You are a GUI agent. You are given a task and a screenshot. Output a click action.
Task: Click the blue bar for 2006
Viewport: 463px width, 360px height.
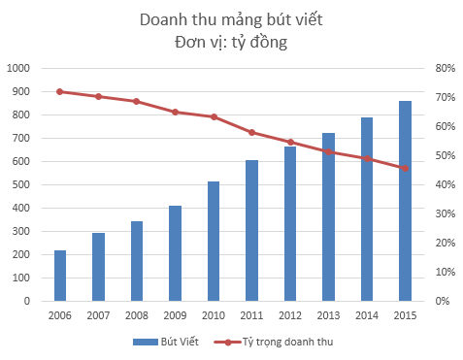pyautogui.click(x=60, y=276)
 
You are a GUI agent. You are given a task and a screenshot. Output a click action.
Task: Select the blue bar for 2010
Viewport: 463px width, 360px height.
pyautogui.click(x=214, y=241)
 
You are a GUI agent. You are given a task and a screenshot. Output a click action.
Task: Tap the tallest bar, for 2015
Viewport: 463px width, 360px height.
pyautogui.click(x=405, y=201)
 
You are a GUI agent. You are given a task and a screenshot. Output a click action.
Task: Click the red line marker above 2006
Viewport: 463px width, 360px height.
pyautogui.click(x=60, y=91)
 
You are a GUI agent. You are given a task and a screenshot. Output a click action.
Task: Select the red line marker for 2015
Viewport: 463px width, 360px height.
pyautogui.click(x=405, y=168)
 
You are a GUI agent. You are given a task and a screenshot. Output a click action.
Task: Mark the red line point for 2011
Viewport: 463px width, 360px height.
pyautogui.click(x=251, y=132)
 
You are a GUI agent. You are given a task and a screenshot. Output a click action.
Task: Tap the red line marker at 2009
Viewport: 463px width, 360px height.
pyautogui.click(x=176, y=112)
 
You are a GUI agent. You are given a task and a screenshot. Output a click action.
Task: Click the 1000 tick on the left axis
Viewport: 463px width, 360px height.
pyautogui.click(x=19, y=68)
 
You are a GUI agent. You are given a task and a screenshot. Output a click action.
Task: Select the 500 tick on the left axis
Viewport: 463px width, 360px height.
pyautogui.click(x=22, y=184)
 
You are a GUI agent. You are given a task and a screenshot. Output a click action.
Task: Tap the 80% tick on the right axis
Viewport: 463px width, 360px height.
pyautogui.click(x=445, y=68)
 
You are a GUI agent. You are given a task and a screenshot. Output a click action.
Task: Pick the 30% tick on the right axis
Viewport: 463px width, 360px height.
pyautogui.click(x=445, y=213)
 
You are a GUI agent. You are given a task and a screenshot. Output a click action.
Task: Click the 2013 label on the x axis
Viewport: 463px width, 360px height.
pyautogui.click(x=328, y=315)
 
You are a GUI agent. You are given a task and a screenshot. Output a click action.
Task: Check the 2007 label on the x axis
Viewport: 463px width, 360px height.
pyautogui.click(x=98, y=315)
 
